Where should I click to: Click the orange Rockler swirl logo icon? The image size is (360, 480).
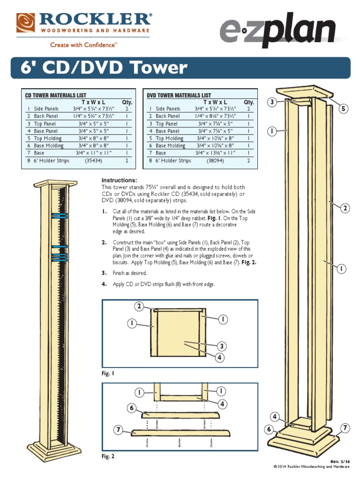click(x=25, y=22)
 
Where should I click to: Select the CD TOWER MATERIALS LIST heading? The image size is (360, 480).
click(x=55, y=95)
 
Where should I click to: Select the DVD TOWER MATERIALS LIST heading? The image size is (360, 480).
click(x=179, y=95)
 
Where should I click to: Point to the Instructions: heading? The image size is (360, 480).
click(x=119, y=180)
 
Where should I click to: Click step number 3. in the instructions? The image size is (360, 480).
click(x=105, y=273)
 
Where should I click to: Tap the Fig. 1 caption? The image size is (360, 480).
click(x=108, y=374)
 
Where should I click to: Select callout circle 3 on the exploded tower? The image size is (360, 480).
click(x=272, y=102)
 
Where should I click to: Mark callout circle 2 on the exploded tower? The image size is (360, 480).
click(x=345, y=208)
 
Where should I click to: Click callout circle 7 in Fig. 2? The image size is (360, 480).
click(x=119, y=430)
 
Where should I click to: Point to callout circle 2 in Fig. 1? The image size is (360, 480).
click(x=139, y=307)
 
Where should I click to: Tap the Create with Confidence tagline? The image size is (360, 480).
click(x=83, y=45)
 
